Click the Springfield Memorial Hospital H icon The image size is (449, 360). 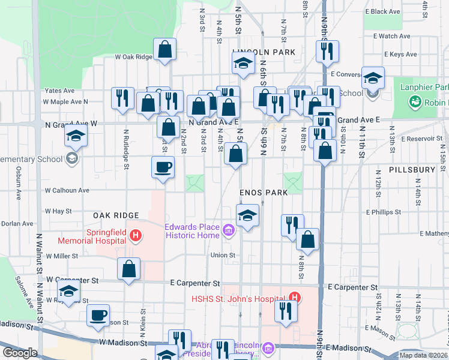pyautogui.click(x=136, y=235)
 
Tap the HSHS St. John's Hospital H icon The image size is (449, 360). pyautogui.click(x=294, y=297)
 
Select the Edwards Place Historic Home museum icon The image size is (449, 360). pyautogui.click(x=228, y=230)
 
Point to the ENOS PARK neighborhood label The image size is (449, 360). pyautogui.click(x=264, y=192)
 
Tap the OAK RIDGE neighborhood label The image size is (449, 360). pyautogui.click(x=116, y=215)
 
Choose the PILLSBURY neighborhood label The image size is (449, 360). pyautogui.click(x=412, y=170)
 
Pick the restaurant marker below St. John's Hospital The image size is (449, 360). pyautogui.click(x=286, y=312)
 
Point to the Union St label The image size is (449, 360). pyautogui.click(x=223, y=255)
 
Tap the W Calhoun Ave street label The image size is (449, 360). pyautogui.click(x=67, y=190)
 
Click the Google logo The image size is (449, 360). pyautogui.click(x=20, y=353)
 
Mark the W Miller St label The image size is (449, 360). pyautogui.click(x=62, y=256)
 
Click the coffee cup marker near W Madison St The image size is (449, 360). pyautogui.click(x=98, y=315)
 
